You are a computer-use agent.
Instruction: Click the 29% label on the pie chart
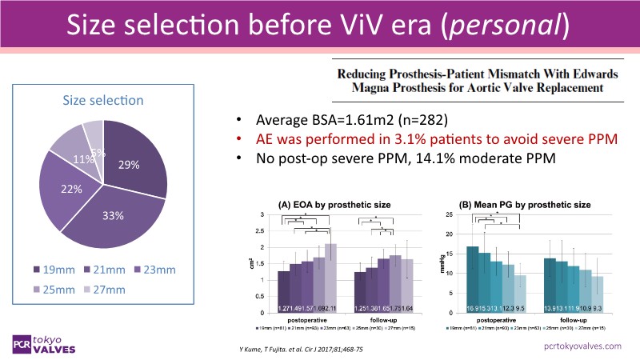point(130,165)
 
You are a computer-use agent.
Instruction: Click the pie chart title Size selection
point(103,100)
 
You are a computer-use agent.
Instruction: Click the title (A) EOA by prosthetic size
point(334,205)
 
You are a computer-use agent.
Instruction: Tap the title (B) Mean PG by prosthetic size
point(522,205)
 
